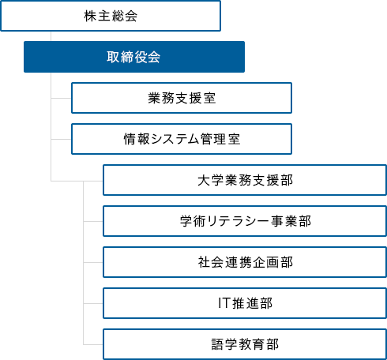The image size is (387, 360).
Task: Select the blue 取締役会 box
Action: pyautogui.click(x=133, y=57)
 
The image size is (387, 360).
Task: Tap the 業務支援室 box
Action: pyautogui.click(x=182, y=98)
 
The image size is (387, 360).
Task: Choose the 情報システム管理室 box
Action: pyautogui.click(x=182, y=139)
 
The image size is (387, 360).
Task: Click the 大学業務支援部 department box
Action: pyautogui.click(x=245, y=180)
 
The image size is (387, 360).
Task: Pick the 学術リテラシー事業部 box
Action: pyautogui.click(x=245, y=221)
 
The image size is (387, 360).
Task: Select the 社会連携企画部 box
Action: pyautogui.click(x=245, y=261)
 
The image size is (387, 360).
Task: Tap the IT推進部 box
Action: pyautogui.click(x=245, y=302)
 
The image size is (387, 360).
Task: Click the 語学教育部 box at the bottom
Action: pyautogui.click(x=245, y=344)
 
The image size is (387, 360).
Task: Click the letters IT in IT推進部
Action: pyautogui.click(x=224, y=302)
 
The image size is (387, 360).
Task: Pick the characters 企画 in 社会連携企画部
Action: pyautogui.click(x=269, y=261)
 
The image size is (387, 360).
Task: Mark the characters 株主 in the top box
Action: pyautogui.click(x=94, y=16)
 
